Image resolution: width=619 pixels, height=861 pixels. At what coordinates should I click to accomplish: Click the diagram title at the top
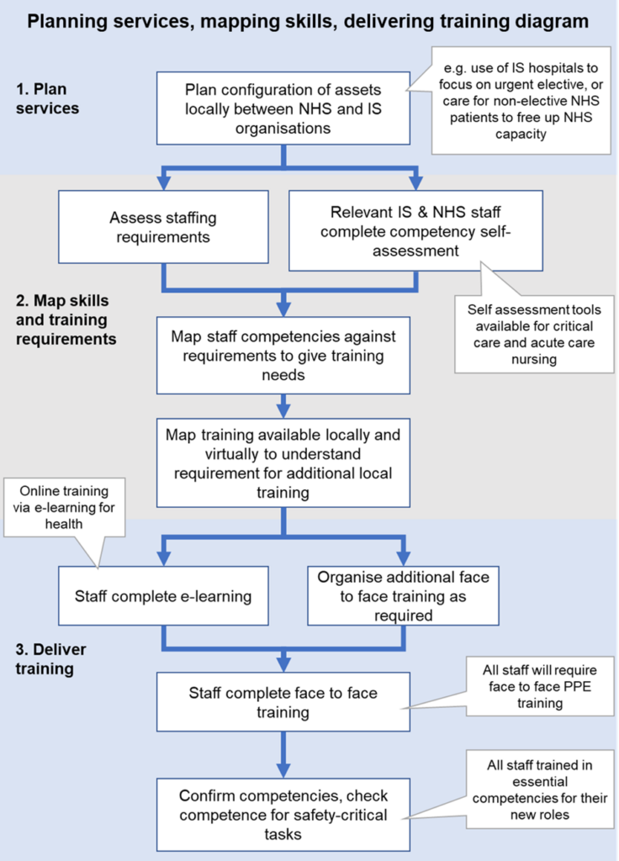coord(309,20)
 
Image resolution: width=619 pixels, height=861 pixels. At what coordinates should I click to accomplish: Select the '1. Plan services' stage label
coord(47,98)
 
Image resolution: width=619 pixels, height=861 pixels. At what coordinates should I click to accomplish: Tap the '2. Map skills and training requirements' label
coord(66,320)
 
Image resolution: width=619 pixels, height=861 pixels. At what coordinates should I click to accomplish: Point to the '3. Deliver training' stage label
coord(50,659)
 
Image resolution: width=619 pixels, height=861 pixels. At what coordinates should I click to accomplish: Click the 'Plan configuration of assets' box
coord(283,108)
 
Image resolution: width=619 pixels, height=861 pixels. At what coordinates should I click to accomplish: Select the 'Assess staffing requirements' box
coord(163,228)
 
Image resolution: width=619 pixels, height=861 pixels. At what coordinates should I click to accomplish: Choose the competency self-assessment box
coord(415,230)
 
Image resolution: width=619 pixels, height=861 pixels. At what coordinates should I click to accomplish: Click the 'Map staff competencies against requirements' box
coord(283,355)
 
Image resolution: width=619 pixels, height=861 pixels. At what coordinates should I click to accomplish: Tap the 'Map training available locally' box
coord(283,462)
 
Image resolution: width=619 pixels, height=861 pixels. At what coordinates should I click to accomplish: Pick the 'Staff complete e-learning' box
coord(163,596)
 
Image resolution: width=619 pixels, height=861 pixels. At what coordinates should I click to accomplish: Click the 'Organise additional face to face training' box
coord(403,596)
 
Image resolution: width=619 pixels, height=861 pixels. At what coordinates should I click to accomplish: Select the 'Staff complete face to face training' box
coord(283,703)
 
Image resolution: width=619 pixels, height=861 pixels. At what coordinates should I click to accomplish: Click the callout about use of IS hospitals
coord(521,100)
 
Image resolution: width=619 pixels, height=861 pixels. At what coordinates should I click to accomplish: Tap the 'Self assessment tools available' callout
coord(534,334)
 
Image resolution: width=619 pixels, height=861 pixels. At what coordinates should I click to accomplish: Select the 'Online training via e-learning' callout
coord(65,507)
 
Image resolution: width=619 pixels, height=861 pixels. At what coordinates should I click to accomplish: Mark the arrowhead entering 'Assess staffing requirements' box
coord(163,183)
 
